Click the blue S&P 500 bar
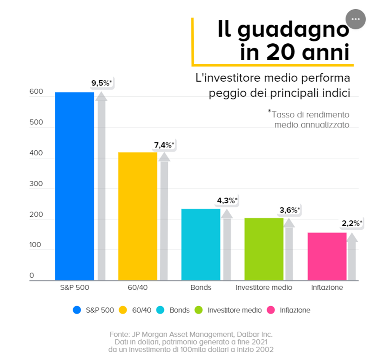click(x=74, y=186)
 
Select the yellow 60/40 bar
click(x=137, y=216)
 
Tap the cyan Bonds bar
click(x=201, y=244)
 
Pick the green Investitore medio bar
click(x=264, y=249)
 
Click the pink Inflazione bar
click(x=327, y=256)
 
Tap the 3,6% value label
click(x=290, y=210)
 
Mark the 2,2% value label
click(x=352, y=223)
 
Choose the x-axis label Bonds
click(x=201, y=287)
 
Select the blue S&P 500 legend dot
click(x=77, y=310)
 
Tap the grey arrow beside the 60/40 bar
click(x=164, y=217)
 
